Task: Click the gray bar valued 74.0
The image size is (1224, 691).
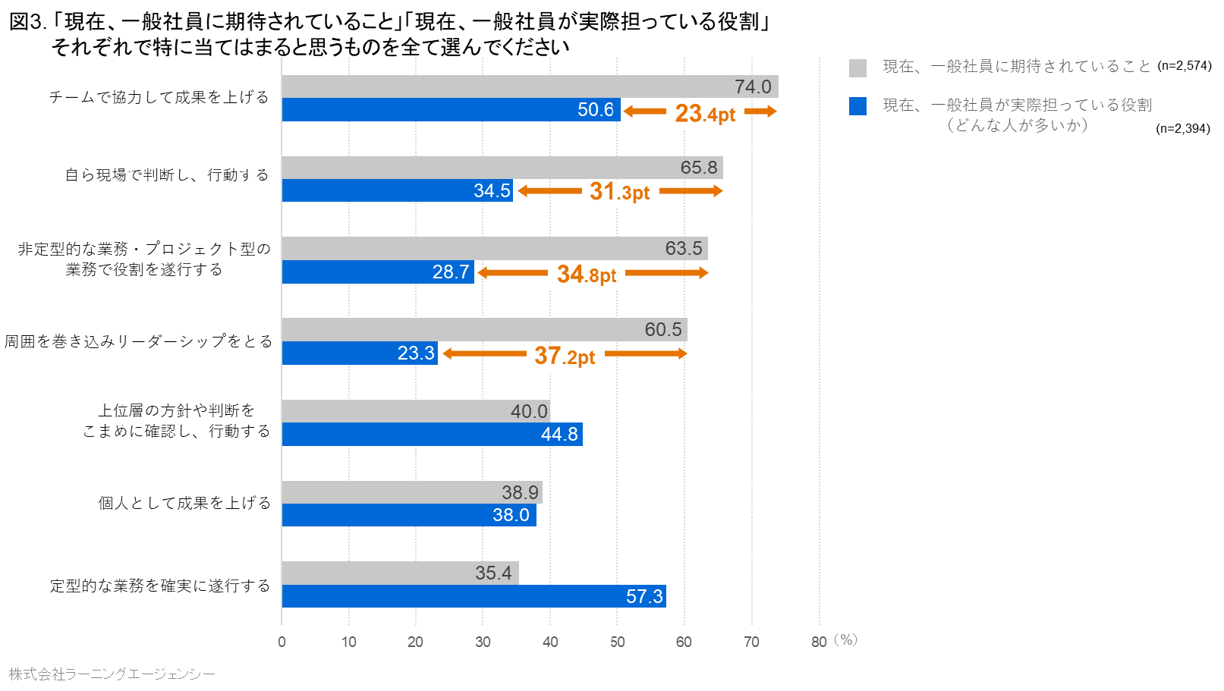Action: pyautogui.click(x=530, y=86)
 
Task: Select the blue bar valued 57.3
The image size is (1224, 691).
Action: pyautogui.click(x=474, y=596)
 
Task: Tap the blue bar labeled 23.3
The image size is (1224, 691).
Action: pyautogui.click(x=360, y=353)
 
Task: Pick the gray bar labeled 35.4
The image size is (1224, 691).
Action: pyautogui.click(x=400, y=573)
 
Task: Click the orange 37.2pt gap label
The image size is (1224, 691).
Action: pyautogui.click(x=565, y=355)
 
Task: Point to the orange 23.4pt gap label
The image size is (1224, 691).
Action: pyautogui.click(x=705, y=113)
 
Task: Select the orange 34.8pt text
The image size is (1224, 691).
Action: pyautogui.click(x=587, y=274)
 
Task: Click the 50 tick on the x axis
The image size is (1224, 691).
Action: pyautogui.click(x=617, y=642)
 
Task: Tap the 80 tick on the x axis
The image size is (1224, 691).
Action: pyautogui.click(x=818, y=642)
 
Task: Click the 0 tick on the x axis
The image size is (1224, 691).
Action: pyautogui.click(x=282, y=642)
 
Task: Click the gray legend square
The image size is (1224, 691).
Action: pyautogui.click(x=857, y=68)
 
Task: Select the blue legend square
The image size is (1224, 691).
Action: pyautogui.click(x=857, y=106)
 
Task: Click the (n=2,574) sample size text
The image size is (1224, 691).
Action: pyautogui.click(x=1184, y=66)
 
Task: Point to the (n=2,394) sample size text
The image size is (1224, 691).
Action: pyautogui.click(x=1182, y=128)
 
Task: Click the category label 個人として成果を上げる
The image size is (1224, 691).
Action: pyautogui.click(x=184, y=503)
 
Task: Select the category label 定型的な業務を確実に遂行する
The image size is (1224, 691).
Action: pyautogui.click(x=159, y=586)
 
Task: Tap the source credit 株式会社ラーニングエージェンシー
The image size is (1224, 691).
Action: pyautogui.click(x=112, y=674)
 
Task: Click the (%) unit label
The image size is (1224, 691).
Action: pyautogui.click(x=845, y=639)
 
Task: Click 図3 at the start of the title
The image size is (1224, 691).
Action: pyautogui.click(x=27, y=22)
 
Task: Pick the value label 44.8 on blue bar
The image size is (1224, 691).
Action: pyautogui.click(x=559, y=434)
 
